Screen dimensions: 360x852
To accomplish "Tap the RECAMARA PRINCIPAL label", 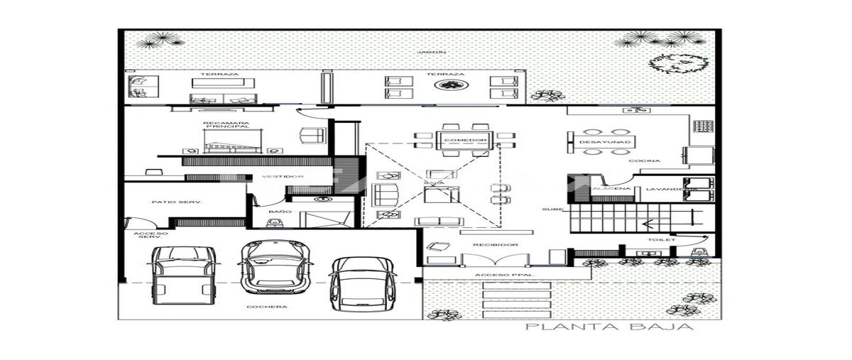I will pos(226,125).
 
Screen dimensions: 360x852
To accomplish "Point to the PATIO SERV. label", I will pos(177,202).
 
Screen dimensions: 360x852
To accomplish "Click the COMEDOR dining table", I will pos(465,140).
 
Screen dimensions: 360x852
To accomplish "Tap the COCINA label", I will pos(648,161).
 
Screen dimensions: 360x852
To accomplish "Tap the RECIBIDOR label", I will pos(496,244).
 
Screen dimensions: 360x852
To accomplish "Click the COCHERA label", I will pos(267,307).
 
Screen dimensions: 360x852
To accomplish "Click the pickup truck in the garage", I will pos(185,279).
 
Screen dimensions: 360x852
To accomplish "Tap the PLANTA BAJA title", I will pos(608,327).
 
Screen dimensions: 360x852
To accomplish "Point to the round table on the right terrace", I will pos(449,86).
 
